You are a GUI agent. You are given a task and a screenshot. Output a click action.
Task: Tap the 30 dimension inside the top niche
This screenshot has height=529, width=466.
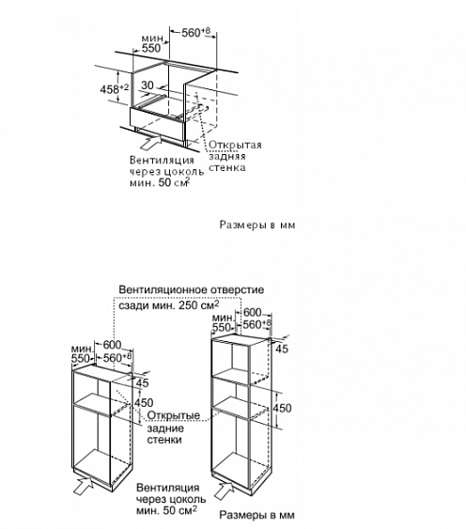point(147,85)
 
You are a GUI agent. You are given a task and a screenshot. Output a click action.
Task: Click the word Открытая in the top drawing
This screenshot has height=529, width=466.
point(234,145)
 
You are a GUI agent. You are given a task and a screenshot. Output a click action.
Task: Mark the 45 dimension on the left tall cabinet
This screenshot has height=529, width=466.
point(143,383)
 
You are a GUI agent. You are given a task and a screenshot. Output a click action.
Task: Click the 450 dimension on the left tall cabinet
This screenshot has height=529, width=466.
point(145,403)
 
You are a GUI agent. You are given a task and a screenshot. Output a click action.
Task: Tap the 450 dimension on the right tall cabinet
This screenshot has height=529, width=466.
point(282,408)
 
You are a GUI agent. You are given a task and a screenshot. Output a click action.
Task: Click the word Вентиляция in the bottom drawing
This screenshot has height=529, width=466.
point(166,489)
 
